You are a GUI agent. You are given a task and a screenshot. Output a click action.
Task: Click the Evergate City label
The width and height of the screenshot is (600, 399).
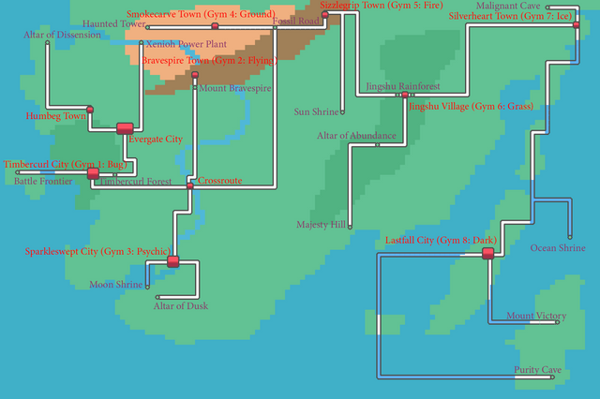[155, 140]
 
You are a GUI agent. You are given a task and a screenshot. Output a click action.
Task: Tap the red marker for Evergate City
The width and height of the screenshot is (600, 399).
[125, 128]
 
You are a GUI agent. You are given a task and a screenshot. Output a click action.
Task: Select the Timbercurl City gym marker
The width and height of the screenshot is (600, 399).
[93, 173]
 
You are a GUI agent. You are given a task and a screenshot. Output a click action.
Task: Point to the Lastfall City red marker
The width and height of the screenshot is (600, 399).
[487, 253]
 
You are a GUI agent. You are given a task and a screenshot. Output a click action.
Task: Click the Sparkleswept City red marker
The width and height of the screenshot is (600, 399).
[172, 261]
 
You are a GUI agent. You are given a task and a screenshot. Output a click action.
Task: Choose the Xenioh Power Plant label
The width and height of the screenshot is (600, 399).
[186, 44]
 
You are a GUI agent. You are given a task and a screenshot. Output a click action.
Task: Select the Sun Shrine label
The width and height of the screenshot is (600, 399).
[316, 112]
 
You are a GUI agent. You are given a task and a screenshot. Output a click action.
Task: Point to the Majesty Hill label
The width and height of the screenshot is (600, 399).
[321, 225]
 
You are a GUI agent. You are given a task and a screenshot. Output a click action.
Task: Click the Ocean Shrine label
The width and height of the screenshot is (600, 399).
[558, 248]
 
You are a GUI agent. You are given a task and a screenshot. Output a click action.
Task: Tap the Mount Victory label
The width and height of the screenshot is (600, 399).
[536, 316]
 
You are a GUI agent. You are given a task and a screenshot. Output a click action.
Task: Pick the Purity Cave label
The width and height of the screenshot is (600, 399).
[537, 370]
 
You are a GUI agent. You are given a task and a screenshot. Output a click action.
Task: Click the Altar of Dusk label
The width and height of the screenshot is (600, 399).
[181, 306]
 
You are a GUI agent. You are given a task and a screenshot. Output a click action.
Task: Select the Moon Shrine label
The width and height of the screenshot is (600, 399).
[116, 284]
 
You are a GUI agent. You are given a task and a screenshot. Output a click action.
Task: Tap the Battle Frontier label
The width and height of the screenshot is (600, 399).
[44, 182]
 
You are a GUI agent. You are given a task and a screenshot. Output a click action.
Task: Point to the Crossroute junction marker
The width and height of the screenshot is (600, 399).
[190, 186]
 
